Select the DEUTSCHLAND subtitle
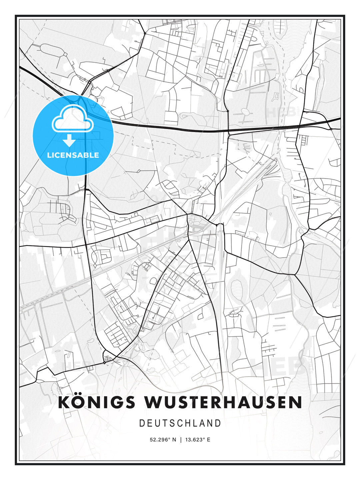click(180, 423)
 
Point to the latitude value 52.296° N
click(163, 440)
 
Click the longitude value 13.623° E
click(198, 440)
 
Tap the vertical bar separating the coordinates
click(180, 440)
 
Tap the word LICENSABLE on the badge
click(73, 155)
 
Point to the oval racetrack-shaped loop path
click(52, 50)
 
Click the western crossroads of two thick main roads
click(86, 245)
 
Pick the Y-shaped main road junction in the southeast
click(295, 275)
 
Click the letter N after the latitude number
click(174, 440)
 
